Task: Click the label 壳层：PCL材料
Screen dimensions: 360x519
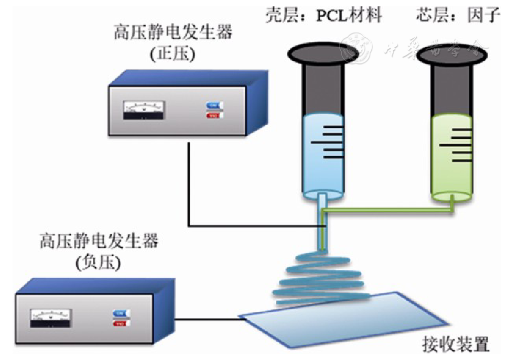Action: click(x=324, y=15)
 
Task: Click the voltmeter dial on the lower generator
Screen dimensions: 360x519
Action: click(x=51, y=317)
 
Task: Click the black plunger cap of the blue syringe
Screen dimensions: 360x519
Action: click(x=322, y=52)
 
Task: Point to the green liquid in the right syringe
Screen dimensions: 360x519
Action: click(x=452, y=157)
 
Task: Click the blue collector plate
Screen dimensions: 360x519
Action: click(x=341, y=320)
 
